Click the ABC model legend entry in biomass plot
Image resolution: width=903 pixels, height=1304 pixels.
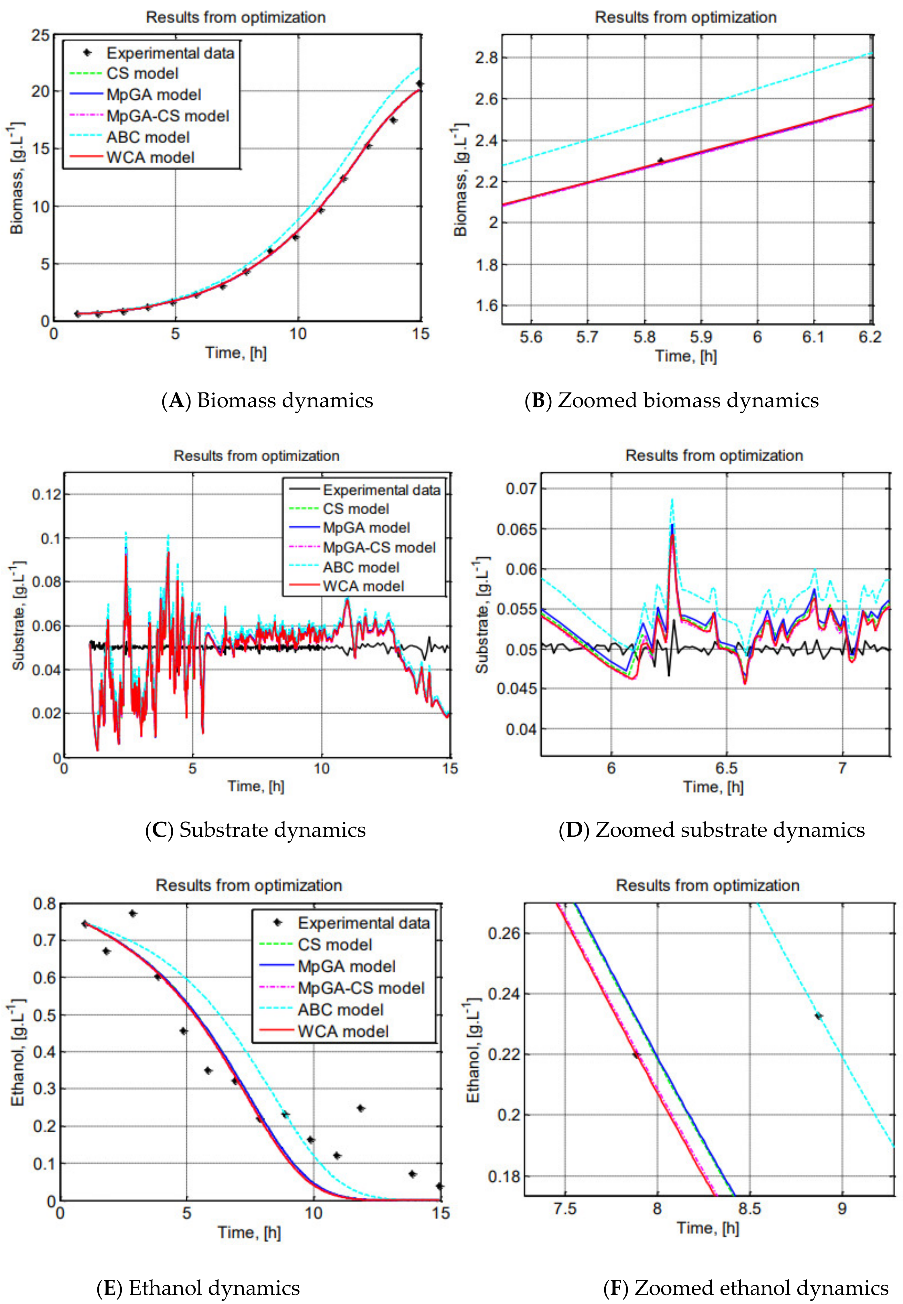(148, 137)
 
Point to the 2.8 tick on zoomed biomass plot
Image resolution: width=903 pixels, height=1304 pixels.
(487, 58)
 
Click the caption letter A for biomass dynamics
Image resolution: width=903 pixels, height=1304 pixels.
(176, 400)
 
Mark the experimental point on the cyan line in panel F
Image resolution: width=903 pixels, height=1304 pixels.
(818, 1016)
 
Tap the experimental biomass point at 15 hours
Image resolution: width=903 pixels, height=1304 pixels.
(419, 84)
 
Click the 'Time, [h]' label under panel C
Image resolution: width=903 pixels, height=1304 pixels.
(256, 786)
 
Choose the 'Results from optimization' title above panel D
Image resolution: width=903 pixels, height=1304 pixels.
(714, 456)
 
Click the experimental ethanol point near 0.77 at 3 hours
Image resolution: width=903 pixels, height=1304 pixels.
(132, 913)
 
